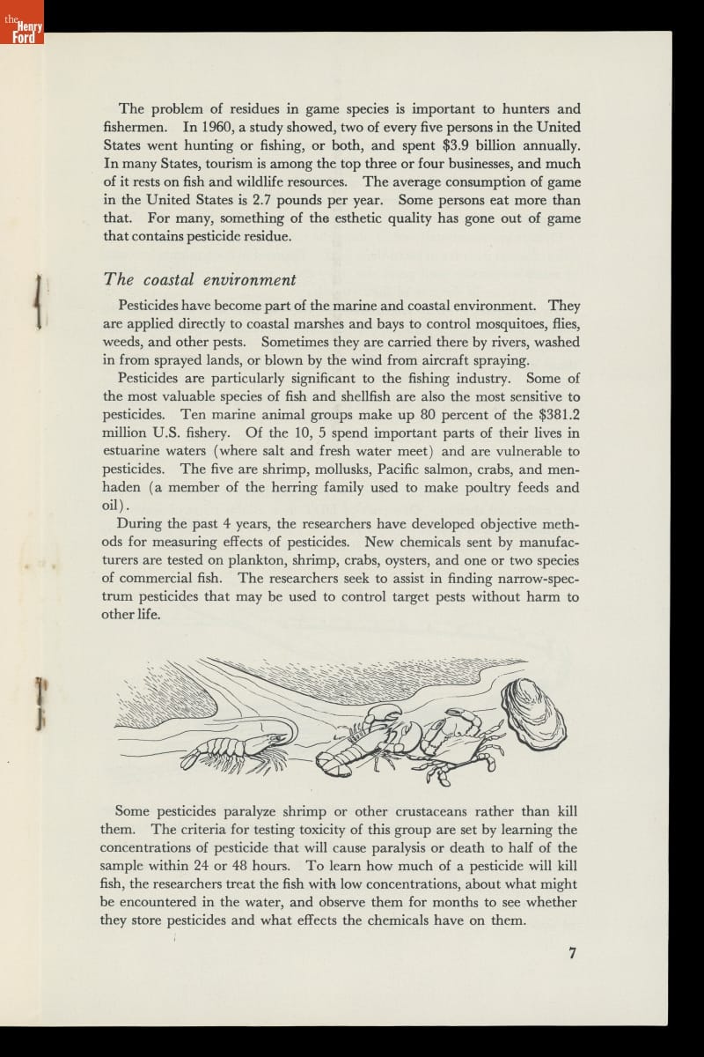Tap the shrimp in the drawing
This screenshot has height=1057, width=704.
tap(238, 747)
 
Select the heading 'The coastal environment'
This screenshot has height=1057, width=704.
tap(200, 279)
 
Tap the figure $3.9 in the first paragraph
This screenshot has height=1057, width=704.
tap(458, 144)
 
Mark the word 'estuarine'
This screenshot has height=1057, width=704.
tap(133, 452)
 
